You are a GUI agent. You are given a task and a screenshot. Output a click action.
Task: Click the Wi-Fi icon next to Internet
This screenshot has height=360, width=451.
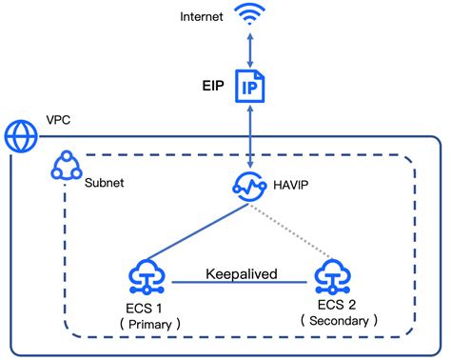click(x=250, y=16)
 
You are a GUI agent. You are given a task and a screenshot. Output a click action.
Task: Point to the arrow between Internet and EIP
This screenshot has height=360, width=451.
click(x=250, y=48)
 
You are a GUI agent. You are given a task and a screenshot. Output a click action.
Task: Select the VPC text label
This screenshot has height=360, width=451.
click(x=58, y=122)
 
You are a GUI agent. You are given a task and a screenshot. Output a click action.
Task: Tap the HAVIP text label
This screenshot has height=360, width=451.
click(x=293, y=186)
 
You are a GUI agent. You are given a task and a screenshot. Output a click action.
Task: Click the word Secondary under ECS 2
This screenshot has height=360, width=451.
click(x=339, y=321)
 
